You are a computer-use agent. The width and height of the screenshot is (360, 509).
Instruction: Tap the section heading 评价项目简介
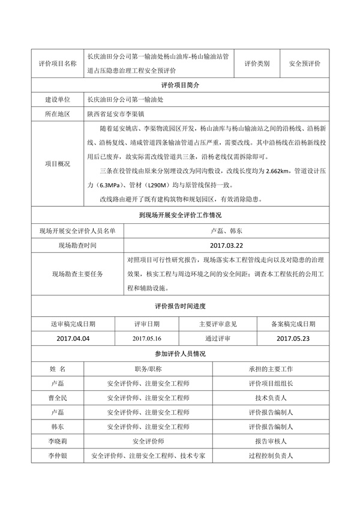(x=180, y=85)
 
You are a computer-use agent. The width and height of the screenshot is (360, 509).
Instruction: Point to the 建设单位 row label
(x=58, y=100)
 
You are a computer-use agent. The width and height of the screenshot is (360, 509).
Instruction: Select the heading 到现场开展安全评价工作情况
(x=180, y=215)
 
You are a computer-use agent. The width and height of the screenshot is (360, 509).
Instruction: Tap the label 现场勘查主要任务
(x=77, y=274)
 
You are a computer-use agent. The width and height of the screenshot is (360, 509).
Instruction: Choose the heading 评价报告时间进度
(x=180, y=306)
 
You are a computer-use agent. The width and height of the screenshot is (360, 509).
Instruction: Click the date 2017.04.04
(x=72, y=339)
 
